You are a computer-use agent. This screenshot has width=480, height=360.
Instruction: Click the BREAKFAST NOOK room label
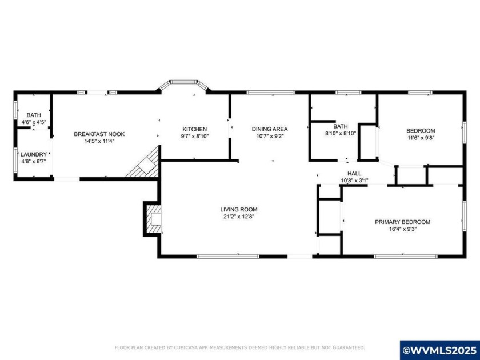[x=99, y=134]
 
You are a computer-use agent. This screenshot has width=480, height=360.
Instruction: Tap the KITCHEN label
[x=194, y=129]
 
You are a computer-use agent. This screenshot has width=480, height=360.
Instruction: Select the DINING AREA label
[x=270, y=129]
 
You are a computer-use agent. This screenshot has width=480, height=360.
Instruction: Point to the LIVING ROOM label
[x=239, y=209]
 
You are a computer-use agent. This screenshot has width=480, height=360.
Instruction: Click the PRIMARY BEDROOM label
[x=402, y=222]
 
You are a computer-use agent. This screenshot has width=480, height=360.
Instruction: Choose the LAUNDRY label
[x=33, y=154]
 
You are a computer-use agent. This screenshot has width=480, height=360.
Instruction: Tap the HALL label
[x=354, y=174]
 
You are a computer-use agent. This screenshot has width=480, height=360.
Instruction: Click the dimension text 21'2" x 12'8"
[x=239, y=216]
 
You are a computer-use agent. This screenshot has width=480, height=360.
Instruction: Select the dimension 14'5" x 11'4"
[x=99, y=141]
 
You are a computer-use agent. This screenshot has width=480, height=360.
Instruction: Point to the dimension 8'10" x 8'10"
[x=341, y=134]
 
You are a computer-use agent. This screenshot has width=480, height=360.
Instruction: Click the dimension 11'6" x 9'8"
[x=421, y=138]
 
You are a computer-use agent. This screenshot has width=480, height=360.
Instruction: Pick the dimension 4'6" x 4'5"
[x=33, y=122]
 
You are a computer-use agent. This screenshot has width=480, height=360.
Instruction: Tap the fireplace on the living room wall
[x=153, y=218]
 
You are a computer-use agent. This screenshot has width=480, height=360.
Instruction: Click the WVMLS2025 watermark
[x=439, y=350]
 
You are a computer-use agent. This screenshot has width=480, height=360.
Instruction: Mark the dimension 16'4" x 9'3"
[x=402, y=229]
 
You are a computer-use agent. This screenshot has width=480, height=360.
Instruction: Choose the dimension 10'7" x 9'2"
[x=270, y=137]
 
